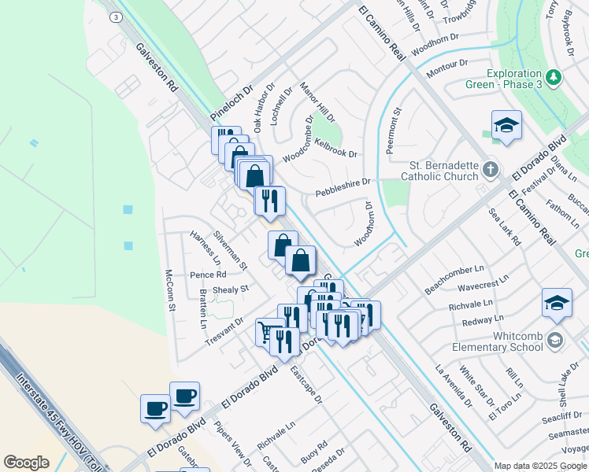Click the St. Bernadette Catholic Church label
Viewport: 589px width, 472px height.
tap(443, 171)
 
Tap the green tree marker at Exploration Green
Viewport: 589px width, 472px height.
tap(555, 77)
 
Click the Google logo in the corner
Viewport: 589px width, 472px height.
tap(26, 463)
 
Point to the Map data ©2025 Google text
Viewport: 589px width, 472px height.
tap(540, 466)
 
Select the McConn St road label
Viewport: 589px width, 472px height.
tap(169, 290)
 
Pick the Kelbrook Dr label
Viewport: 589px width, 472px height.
tap(335, 146)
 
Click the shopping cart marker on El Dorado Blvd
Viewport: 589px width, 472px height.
tap(268, 330)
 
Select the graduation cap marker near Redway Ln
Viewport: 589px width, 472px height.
tap(556, 303)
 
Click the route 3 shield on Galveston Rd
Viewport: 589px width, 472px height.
tap(117, 17)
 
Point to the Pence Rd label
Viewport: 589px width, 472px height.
tap(208, 275)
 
